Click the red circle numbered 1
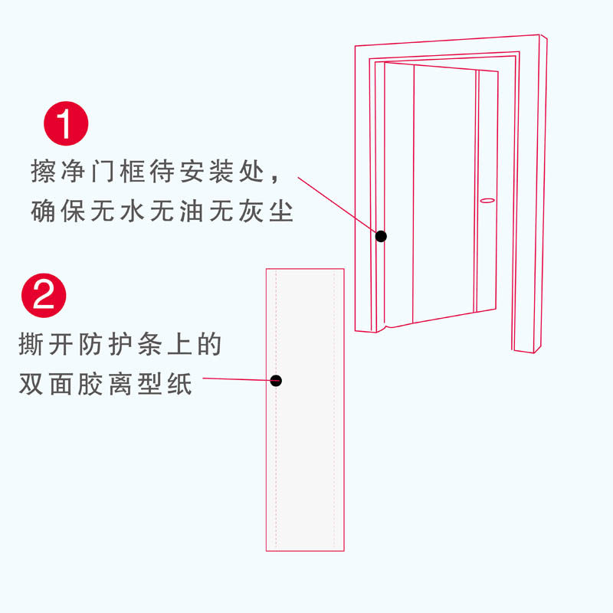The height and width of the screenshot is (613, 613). pyautogui.click(x=67, y=123)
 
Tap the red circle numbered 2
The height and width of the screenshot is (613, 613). pyautogui.click(x=44, y=293)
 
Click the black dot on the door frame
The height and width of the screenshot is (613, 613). pyautogui.click(x=381, y=236)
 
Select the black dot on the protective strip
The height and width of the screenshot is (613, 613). pyautogui.click(x=277, y=380)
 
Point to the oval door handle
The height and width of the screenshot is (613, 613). pyautogui.click(x=487, y=200)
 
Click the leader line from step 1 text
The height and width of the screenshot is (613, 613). pyautogui.click(x=337, y=204)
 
